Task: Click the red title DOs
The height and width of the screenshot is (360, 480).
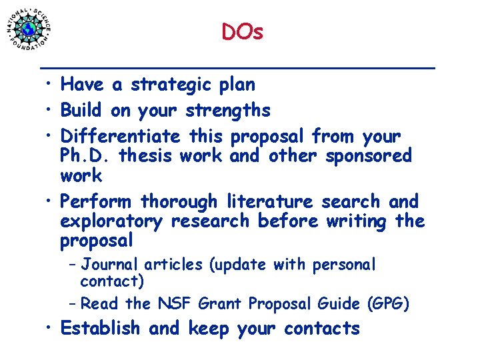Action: [243, 31]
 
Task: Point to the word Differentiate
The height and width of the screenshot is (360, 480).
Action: [120, 137]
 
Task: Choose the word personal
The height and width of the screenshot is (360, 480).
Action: [344, 265]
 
